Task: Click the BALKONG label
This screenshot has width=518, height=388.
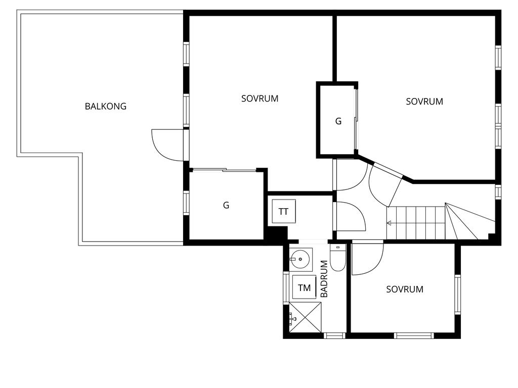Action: [x=105, y=107]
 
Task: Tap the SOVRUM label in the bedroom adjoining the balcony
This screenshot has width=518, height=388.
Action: [x=260, y=99]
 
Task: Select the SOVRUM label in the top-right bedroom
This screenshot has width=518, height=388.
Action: [x=424, y=102]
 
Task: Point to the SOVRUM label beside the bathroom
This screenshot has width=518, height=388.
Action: [x=405, y=289]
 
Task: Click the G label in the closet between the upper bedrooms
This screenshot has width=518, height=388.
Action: [x=338, y=121]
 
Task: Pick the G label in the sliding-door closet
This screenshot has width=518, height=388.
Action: [x=226, y=206]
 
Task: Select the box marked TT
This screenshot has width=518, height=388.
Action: [x=283, y=212]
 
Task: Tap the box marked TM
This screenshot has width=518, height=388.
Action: [x=304, y=288]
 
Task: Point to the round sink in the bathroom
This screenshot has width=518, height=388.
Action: [x=300, y=260]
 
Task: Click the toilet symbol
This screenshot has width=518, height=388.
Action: [x=337, y=259]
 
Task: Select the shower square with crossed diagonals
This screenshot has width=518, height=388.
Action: [x=305, y=317]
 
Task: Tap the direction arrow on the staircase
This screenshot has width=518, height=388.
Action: [x=390, y=223]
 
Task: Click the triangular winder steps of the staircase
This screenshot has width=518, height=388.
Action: [x=468, y=222]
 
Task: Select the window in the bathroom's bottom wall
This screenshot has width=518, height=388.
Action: [x=334, y=335]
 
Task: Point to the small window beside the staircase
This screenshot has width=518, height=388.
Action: [x=498, y=192]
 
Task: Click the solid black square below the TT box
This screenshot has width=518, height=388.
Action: [x=277, y=234]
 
